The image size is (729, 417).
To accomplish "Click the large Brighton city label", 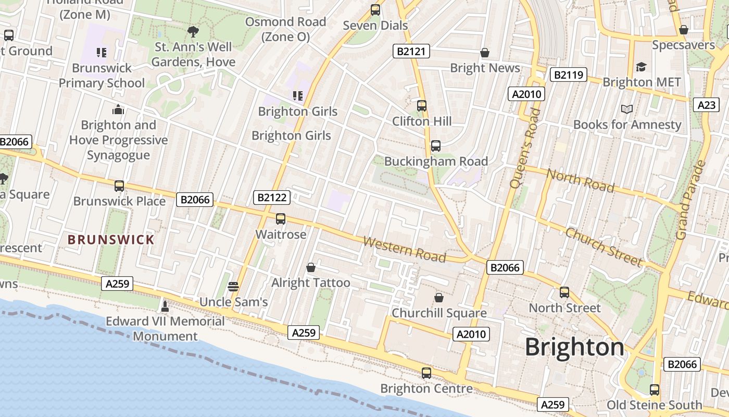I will [574, 347].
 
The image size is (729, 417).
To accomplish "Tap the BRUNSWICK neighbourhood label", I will [111, 240].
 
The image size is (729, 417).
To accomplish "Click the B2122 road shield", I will [271, 198].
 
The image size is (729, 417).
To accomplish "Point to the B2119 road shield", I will [568, 75].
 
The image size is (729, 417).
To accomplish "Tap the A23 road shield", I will [706, 105].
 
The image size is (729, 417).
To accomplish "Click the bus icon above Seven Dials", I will [375, 10].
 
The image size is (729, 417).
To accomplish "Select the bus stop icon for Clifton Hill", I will [422, 106].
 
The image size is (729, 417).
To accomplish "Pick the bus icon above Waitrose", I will [281, 219].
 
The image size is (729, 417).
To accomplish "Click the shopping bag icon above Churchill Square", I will [439, 298].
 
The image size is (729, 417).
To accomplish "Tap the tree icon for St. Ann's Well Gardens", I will [193, 32].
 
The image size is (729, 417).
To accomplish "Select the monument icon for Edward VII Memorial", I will [165, 306].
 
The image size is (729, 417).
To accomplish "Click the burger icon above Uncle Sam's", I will [233, 286].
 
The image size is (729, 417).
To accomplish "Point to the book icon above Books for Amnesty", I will [627, 109].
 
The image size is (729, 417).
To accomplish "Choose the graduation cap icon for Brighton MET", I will [641, 67].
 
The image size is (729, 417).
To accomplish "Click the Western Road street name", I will [405, 249].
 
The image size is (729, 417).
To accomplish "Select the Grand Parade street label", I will [690, 200].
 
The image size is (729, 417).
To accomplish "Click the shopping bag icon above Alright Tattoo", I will [311, 267].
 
